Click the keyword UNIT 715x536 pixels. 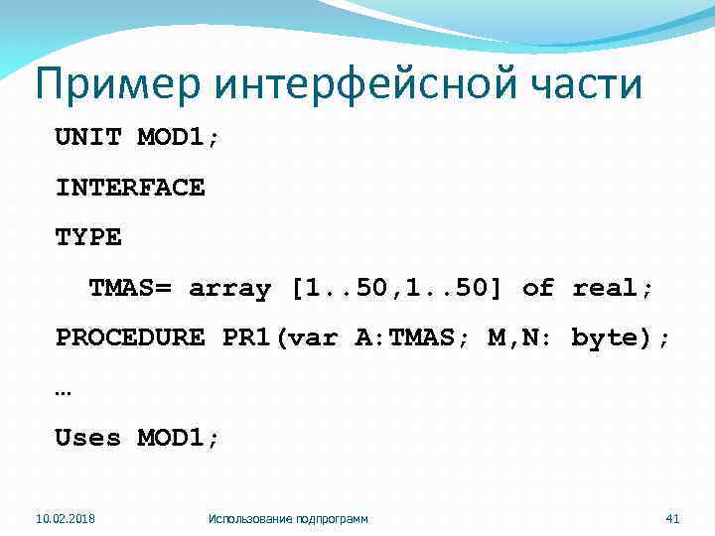(87, 137)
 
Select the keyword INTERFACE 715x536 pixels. (130, 188)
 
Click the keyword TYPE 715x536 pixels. (87, 237)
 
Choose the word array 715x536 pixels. (229, 288)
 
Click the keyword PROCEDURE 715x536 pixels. (130, 337)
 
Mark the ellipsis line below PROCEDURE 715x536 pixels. (64, 390)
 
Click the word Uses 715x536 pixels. (87, 438)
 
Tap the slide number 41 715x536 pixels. (671, 518)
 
